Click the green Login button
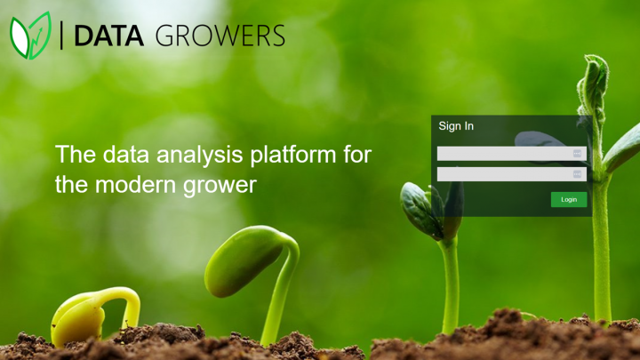pos(568,199)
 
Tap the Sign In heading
pos(456,126)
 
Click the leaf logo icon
pos(30,36)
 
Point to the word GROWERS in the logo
pos(220,36)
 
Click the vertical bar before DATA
pos(62,36)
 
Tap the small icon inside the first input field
pos(578,153)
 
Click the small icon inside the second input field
pos(578,174)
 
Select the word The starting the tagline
pos(74,155)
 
